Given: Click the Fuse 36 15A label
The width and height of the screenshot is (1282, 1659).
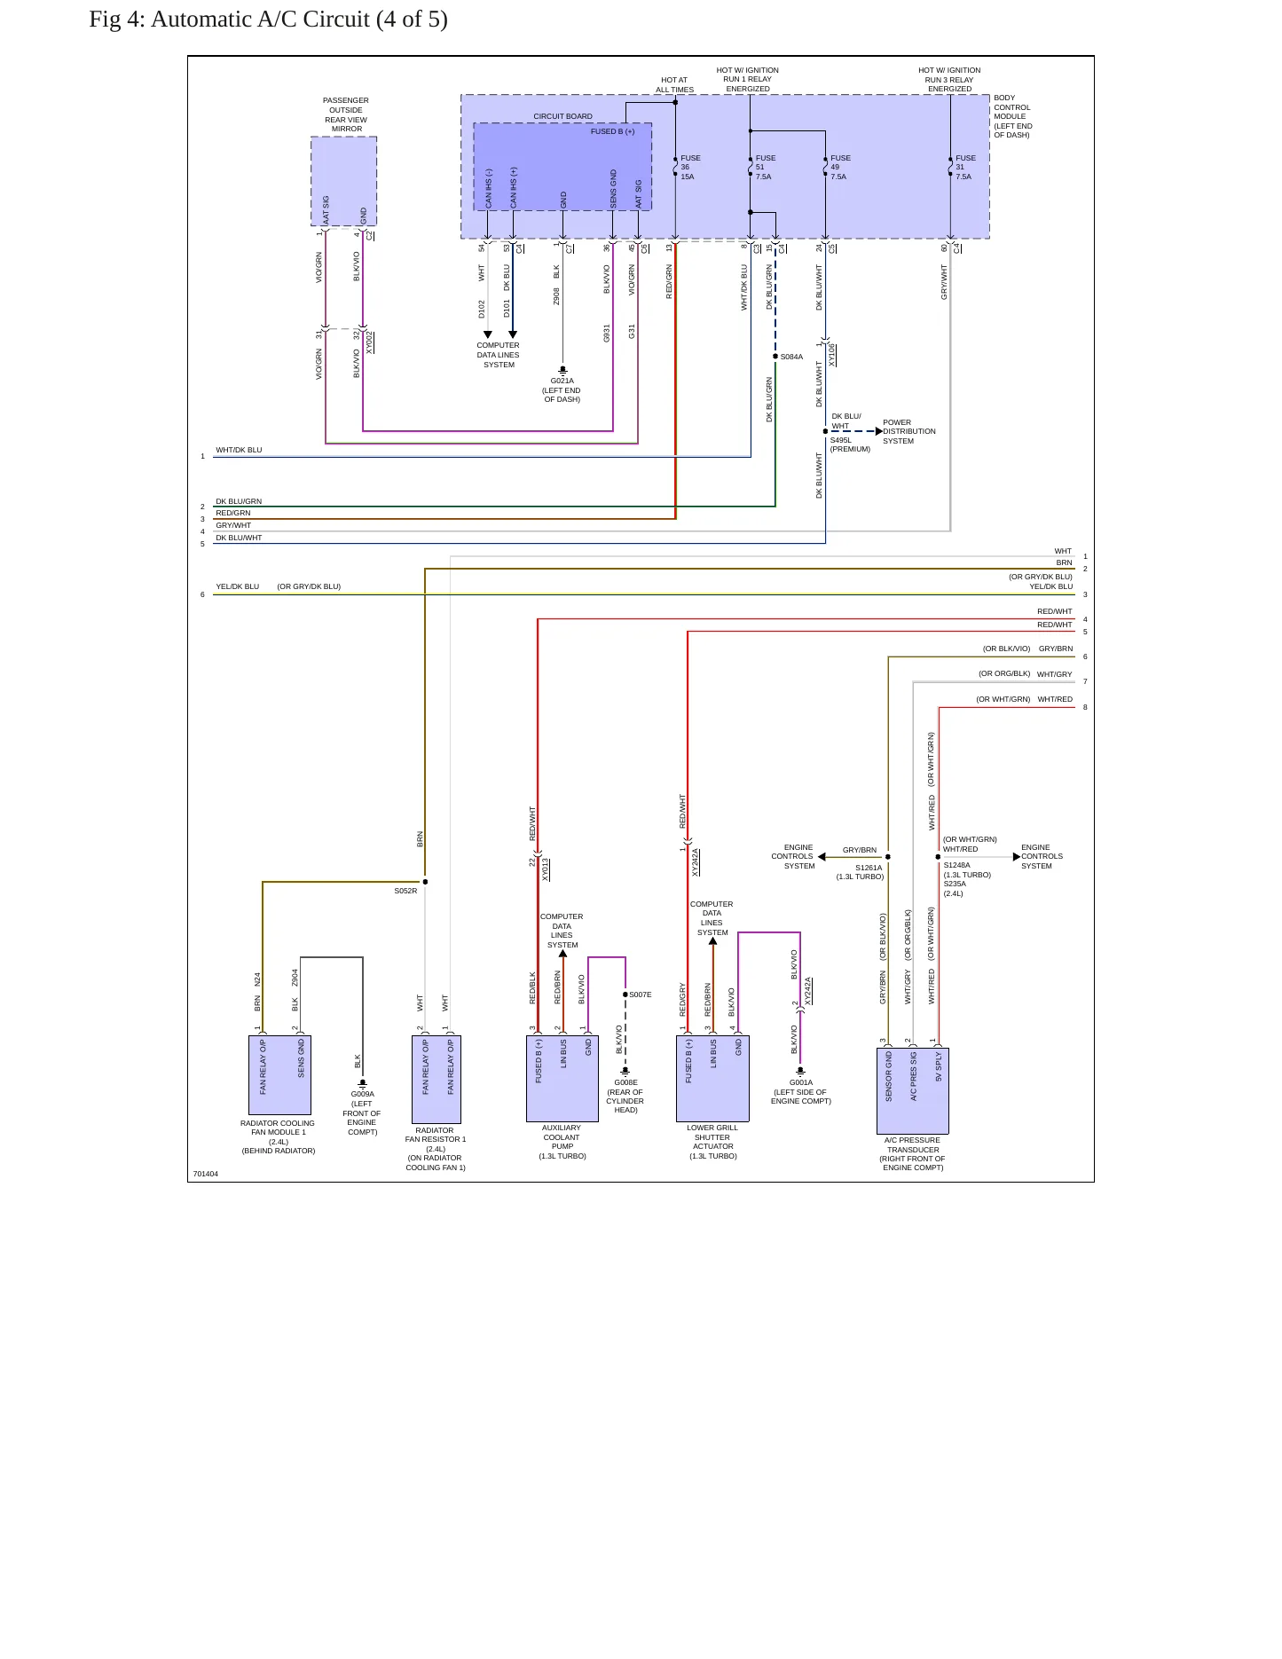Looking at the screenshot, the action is coord(690,168).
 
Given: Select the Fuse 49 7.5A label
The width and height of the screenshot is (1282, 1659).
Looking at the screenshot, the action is coord(839,168).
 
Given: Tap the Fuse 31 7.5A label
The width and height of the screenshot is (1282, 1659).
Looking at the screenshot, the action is coord(964,168).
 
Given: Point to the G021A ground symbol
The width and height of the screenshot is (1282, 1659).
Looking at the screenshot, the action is coord(562,371).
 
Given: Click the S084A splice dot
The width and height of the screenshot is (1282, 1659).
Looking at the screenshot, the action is coord(775,357).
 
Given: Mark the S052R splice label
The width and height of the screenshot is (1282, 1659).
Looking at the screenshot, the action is coord(405,891).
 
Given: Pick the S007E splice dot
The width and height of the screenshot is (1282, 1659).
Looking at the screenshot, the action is coord(625,995).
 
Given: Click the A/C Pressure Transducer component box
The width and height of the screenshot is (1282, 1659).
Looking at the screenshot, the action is coord(913,1091).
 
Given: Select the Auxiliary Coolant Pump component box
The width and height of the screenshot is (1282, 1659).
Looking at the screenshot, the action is coord(562,1079).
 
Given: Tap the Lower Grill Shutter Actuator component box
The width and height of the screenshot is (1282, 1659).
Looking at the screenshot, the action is coord(712,1079).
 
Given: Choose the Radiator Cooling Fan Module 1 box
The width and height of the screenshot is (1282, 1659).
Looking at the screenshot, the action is coord(279,1075).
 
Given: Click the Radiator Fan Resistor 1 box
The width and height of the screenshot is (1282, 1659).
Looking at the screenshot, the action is coord(437,1079).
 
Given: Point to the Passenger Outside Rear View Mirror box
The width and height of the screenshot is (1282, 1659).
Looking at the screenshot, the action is coord(344,182).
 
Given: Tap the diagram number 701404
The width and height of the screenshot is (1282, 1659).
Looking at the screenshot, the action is coord(206,1174).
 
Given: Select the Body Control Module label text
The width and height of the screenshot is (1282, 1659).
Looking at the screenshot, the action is coord(1013,116).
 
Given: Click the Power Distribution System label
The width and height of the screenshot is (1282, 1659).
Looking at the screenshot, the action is coord(908,432).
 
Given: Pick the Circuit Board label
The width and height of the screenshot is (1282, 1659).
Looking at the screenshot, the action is coord(562,116).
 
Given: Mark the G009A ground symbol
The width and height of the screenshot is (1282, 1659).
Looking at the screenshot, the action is coord(362,1083).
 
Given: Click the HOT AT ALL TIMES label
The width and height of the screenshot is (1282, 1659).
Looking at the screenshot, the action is coord(674,85).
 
